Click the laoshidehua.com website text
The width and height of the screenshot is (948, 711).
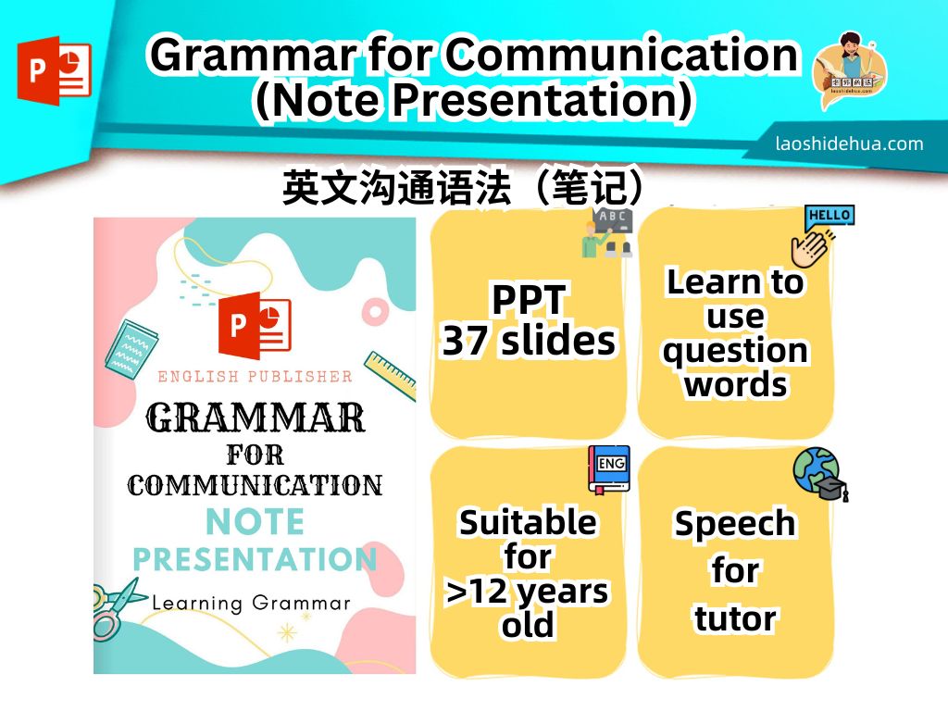click(x=849, y=143)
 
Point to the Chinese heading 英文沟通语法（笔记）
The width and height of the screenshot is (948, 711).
click(x=463, y=189)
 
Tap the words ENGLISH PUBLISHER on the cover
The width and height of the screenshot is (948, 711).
click(x=255, y=377)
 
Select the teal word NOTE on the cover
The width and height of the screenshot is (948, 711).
click(x=255, y=523)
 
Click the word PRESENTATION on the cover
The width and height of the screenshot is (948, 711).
click(x=255, y=560)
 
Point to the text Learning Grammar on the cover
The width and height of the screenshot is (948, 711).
click(x=251, y=604)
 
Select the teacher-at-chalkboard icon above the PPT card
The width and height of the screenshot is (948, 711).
click(x=606, y=232)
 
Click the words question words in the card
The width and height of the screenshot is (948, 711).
click(x=736, y=368)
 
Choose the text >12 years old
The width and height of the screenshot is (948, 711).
click(x=528, y=607)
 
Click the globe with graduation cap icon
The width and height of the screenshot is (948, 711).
click(x=819, y=474)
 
